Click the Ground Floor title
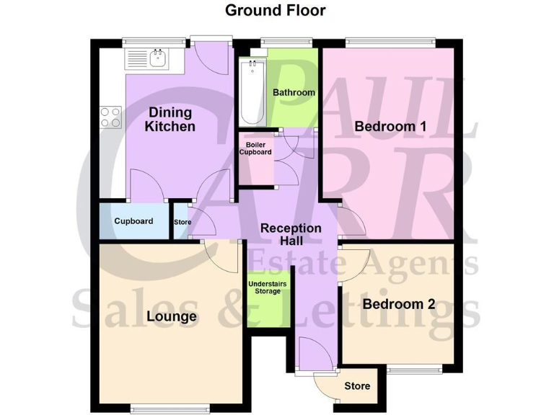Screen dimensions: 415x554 click(275, 10)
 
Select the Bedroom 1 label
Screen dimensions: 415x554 click(390, 127)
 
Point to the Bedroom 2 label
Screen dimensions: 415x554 click(398, 304)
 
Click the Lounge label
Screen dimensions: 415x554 click(172, 316)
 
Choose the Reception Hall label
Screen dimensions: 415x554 click(291, 234)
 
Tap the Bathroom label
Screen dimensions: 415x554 click(294, 93)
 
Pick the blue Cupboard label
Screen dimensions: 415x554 click(133, 221)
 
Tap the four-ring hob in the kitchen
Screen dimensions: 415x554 click(110, 117)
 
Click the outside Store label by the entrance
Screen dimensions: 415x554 click(356, 386)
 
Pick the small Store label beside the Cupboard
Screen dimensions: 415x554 click(183, 222)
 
